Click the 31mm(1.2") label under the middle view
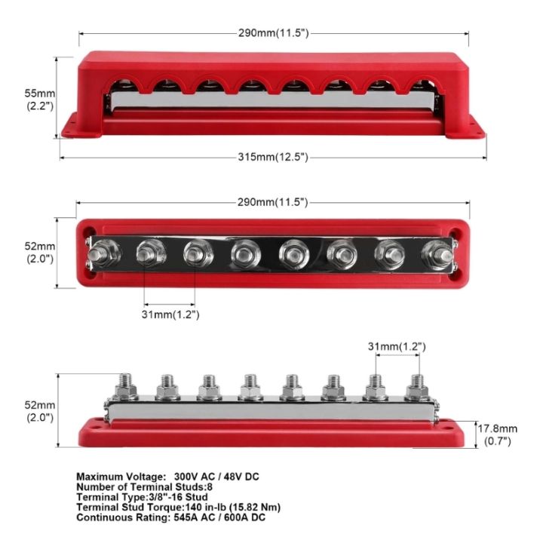[x=170, y=314]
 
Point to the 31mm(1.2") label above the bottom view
[x=396, y=346]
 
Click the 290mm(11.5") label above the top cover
[x=271, y=35]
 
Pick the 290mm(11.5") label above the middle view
[x=271, y=204]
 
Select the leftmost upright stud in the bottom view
[x=125, y=386]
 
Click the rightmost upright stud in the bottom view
[x=414, y=386]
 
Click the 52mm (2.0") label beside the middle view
[x=40, y=252]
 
